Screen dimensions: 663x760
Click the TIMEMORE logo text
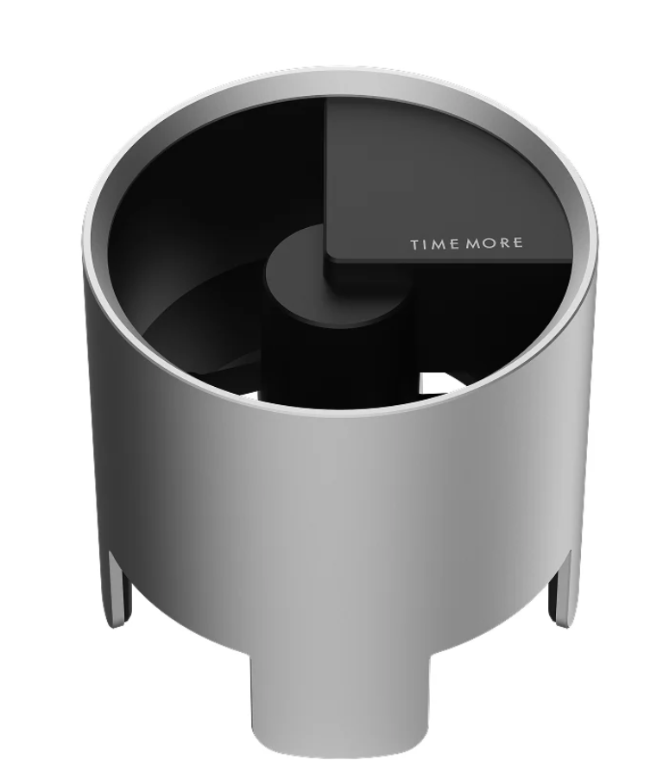467,244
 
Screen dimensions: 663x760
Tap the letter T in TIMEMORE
416,244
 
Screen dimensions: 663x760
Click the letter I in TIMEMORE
426,244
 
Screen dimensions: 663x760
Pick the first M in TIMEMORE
439,244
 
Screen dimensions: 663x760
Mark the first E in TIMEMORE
453,244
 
